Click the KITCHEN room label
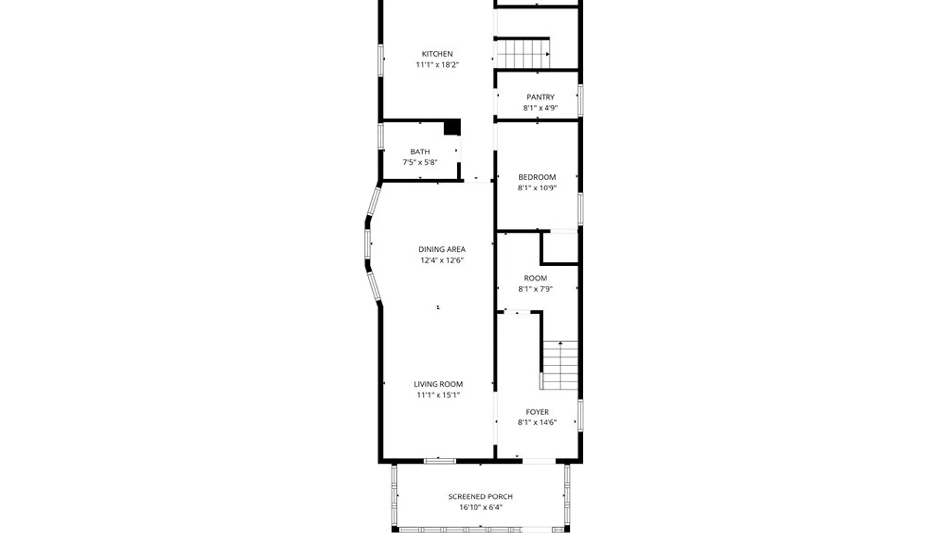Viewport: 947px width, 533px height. [x=437, y=54]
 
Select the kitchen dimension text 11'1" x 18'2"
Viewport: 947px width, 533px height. [x=437, y=65]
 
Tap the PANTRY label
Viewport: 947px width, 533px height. [x=540, y=97]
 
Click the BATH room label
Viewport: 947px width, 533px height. [x=420, y=152]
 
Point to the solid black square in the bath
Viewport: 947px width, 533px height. [x=452, y=127]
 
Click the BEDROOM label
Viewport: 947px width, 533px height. [x=537, y=177]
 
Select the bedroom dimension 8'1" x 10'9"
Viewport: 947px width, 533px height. [x=537, y=188]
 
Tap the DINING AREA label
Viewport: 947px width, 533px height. [x=441, y=249]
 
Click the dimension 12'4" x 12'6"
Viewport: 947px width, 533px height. [x=441, y=260]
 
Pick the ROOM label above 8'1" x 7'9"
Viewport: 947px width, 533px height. [x=535, y=278]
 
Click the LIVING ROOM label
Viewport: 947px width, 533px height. [x=438, y=384]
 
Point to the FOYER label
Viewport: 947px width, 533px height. [x=537, y=412]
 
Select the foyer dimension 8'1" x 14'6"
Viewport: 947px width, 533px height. [x=537, y=422]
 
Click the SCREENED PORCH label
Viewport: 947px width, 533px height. [x=480, y=496]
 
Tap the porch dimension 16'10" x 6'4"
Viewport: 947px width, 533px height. [x=480, y=507]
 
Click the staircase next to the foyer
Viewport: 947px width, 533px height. [x=560, y=365]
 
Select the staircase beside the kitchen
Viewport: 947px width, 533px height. [x=522, y=54]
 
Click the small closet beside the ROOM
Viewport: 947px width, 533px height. [x=560, y=248]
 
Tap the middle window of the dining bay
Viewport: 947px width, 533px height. [x=368, y=244]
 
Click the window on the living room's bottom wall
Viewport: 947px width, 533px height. [x=439, y=461]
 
